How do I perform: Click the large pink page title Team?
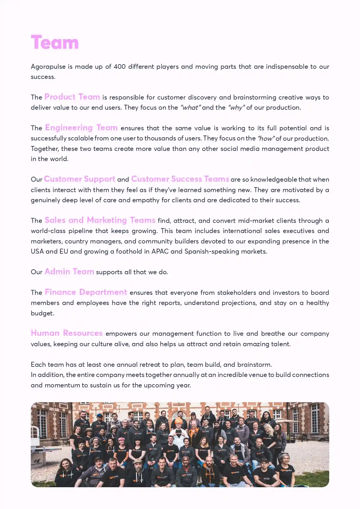tap(55, 43)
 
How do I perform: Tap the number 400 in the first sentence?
tap(120, 67)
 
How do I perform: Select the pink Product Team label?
tap(72, 97)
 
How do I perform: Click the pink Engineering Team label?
tap(81, 128)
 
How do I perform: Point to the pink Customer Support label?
tap(79, 179)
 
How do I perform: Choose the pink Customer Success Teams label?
tap(180, 179)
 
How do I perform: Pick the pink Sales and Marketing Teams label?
tap(100, 220)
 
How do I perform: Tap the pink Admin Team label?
tap(69, 272)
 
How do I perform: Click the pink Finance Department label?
tap(86, 292)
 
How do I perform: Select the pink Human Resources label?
tap(67, 333)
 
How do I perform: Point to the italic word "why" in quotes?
tap(236, 108)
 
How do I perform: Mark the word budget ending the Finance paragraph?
tap(42, 313)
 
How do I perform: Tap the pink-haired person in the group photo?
tap(122, 441)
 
